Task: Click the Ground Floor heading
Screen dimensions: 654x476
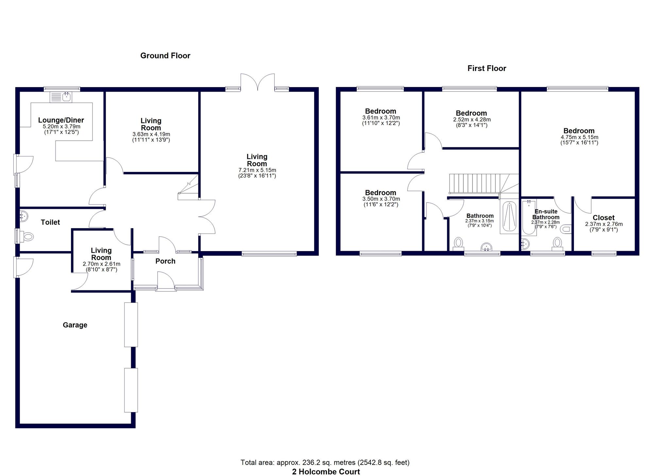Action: [165, 56]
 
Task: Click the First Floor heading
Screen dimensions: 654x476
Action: [487, 68]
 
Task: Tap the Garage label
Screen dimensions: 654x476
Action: [75, 325]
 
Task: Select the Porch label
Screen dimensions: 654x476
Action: [165, 261]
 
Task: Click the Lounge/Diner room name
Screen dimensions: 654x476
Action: [61, 120]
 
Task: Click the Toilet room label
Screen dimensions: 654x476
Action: [50, 222]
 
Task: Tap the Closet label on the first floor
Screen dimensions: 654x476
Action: [604, 218]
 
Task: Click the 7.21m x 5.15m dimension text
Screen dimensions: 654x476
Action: [257, 170]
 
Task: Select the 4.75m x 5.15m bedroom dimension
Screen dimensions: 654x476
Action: [579, 137]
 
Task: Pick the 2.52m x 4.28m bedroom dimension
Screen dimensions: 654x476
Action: [472, 119]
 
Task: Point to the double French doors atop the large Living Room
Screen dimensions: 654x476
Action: [258, 82]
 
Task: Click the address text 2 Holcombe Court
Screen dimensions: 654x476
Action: [326, 472]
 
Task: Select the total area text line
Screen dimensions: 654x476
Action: [325, 463]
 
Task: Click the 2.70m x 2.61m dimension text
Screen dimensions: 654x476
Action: [101, 264]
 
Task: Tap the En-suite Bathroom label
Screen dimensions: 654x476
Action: [546, 214]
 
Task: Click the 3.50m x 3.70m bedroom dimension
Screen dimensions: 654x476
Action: [381, 199]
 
